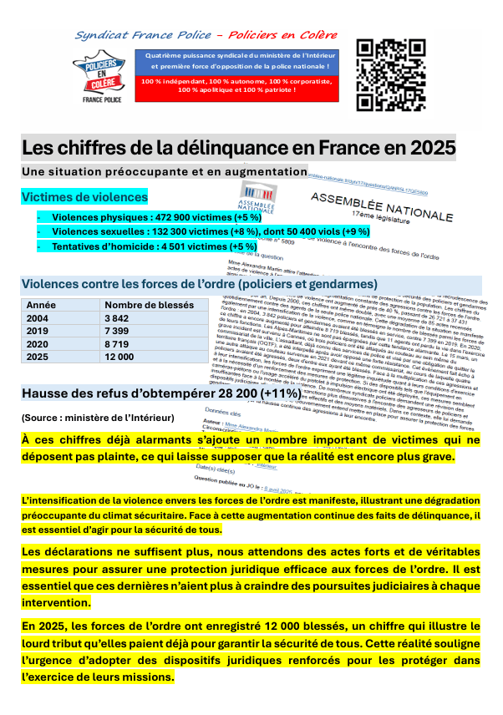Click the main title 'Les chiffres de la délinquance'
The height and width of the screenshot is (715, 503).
coord(238,149)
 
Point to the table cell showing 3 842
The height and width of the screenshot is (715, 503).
coord(117,318)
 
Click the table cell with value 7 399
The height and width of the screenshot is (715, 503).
coord(117,331)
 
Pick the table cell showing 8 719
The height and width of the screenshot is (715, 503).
coord(117,343)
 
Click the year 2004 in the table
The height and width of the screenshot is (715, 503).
coord(38,318)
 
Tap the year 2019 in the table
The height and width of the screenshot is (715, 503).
coord(38,331)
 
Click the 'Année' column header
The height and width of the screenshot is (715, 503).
coord(42,305)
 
